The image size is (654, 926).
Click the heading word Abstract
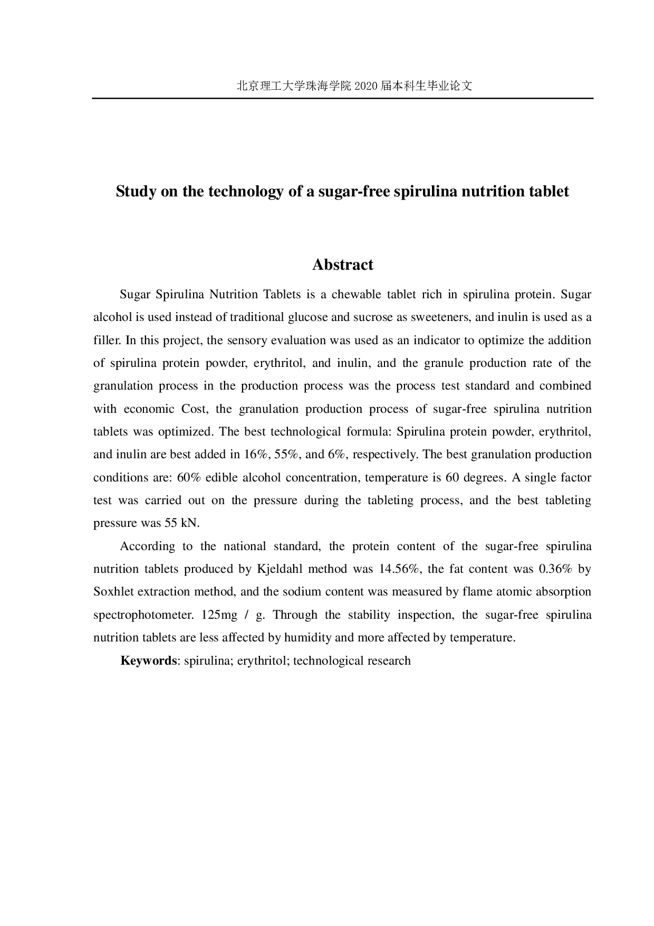[342, 264]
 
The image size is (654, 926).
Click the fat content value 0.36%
[554, 569]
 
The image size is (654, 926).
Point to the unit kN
[189, 523]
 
